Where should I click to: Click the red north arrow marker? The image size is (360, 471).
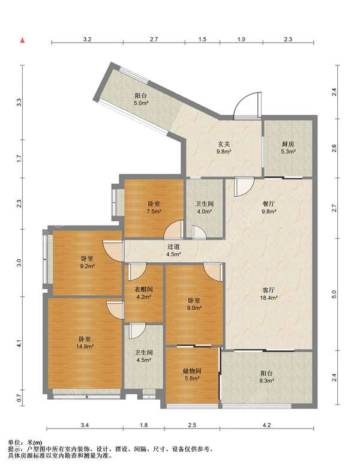[22, 40]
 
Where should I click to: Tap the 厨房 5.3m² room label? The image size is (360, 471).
[288, 148]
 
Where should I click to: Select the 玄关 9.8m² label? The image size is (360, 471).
[224, 148]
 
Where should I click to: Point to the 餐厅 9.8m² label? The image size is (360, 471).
[269, 207]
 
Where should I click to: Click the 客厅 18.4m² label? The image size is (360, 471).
[268, 294]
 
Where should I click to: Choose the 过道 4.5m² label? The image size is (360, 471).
[173, 250]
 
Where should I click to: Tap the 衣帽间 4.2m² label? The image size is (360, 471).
[143, 293]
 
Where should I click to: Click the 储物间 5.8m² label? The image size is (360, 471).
[192, 374]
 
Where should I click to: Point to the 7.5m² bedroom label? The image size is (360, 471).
[154, 207]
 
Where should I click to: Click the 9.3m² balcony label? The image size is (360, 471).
[266, 377]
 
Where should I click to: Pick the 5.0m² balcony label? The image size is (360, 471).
[141, 99]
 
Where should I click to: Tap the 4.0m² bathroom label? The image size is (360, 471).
[205, 207]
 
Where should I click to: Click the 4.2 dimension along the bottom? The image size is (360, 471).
[266, 425]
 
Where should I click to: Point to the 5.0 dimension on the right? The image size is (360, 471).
[334, 294]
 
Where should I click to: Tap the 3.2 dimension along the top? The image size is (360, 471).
[87, 39]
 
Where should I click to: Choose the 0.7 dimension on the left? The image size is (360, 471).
[19, 398]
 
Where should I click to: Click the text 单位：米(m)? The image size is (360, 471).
[25, 442]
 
